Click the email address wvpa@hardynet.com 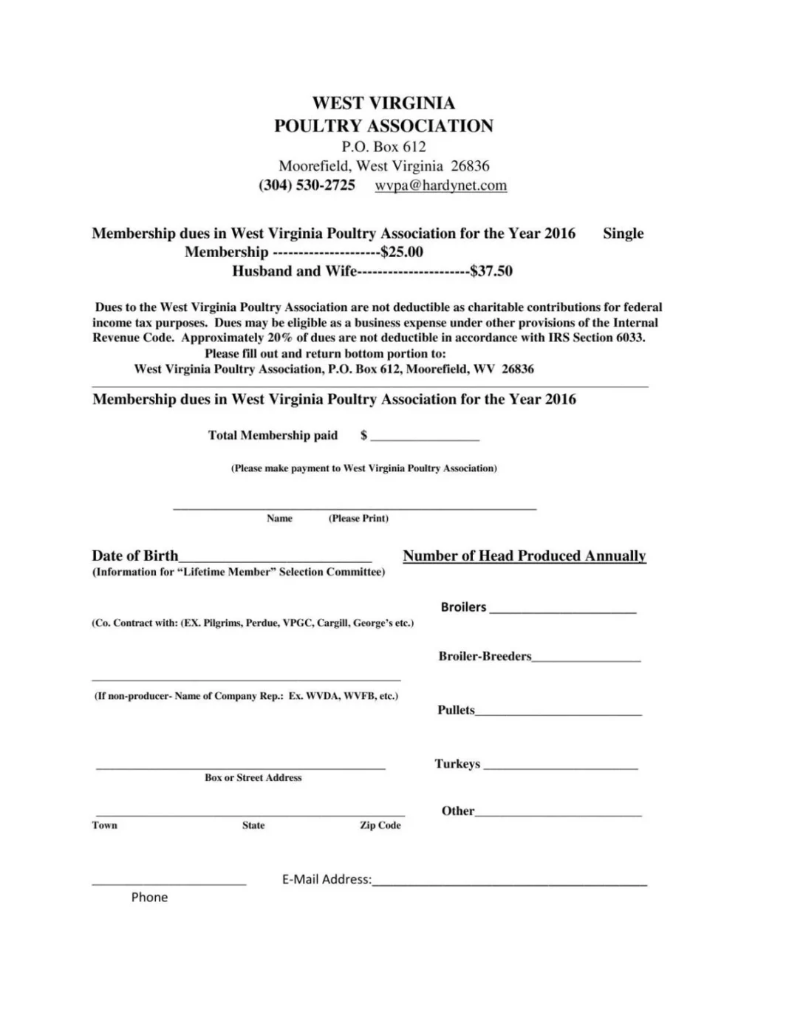tap(440, 185)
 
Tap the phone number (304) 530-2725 tap(307, 185)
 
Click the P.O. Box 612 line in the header tap(383, 146)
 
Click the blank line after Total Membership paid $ tap(425, 437)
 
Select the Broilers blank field tap(562, 609)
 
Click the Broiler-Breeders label tap(485, 656)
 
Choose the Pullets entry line tap(559, 711)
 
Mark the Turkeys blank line tap(560, 766)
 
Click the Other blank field tap(559, 813)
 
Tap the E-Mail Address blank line tap(510, 881)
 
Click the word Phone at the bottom tap(149, 897)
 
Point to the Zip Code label tap(380, 825)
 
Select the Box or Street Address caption tap(253, 777)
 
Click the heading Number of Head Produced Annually tap(524, 556)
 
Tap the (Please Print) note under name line tap(358, 519)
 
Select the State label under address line tap(253, 825)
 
